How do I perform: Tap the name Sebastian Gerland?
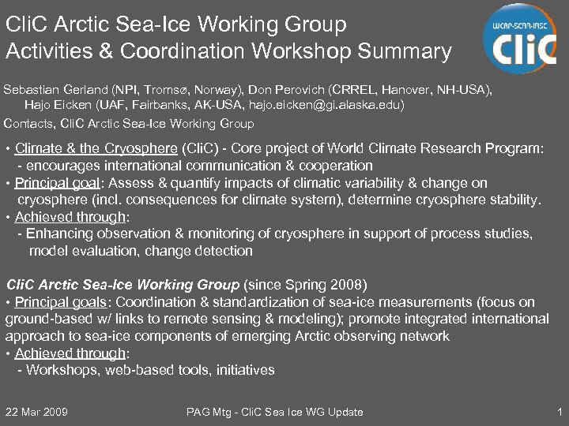(55, 89)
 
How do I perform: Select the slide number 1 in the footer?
(559, 412)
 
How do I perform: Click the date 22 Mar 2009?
(36, 412)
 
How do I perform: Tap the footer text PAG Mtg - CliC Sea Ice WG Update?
(274, 412)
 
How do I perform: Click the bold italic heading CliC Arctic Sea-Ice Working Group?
(122, 284)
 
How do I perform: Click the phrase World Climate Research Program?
(454, 149)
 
